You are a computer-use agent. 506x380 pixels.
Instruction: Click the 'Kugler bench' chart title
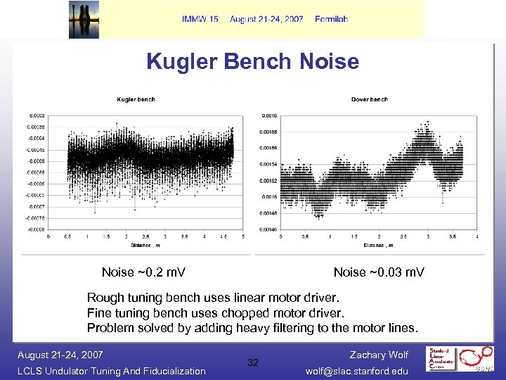(x=136, y=99)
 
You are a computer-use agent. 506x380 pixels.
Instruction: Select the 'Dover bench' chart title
(x=369, y=99)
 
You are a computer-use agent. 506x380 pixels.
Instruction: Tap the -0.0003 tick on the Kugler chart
(x=35, y=115)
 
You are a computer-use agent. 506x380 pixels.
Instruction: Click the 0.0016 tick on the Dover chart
(x=269, y=115)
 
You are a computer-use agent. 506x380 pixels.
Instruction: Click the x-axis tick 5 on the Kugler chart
(x=242, y=236)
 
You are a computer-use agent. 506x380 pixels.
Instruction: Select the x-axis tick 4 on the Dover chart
(x=477, y=236)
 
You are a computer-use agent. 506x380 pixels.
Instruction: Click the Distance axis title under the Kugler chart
(x=145, y=246)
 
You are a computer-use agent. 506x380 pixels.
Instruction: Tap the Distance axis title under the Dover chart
(x=378, y=246)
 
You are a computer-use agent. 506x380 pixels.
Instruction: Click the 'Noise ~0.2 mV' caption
(x=143, y=272)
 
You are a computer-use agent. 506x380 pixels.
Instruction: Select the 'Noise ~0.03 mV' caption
(x=379, y=272)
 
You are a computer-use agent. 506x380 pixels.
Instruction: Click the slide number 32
(x=253, y=362)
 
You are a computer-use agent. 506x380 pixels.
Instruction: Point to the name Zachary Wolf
(x=379, y=355)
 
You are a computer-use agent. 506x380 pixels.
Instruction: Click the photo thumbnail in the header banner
(x=84, y=19)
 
